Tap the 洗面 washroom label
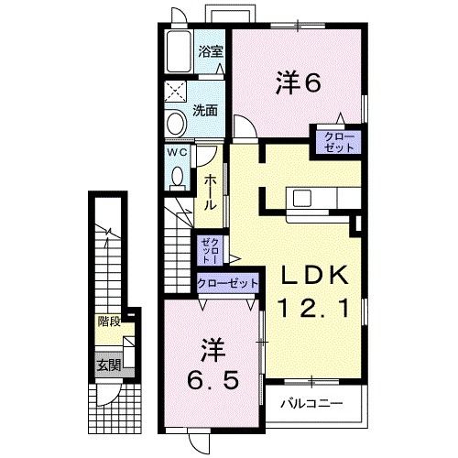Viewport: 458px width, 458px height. click(205, 111)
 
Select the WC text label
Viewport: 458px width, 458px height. click(178, 153)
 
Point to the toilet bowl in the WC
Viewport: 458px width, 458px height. click(179, 174)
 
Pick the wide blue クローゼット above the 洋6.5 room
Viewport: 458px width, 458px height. click(228, 284)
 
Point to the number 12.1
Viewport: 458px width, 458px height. click(313, 310)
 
